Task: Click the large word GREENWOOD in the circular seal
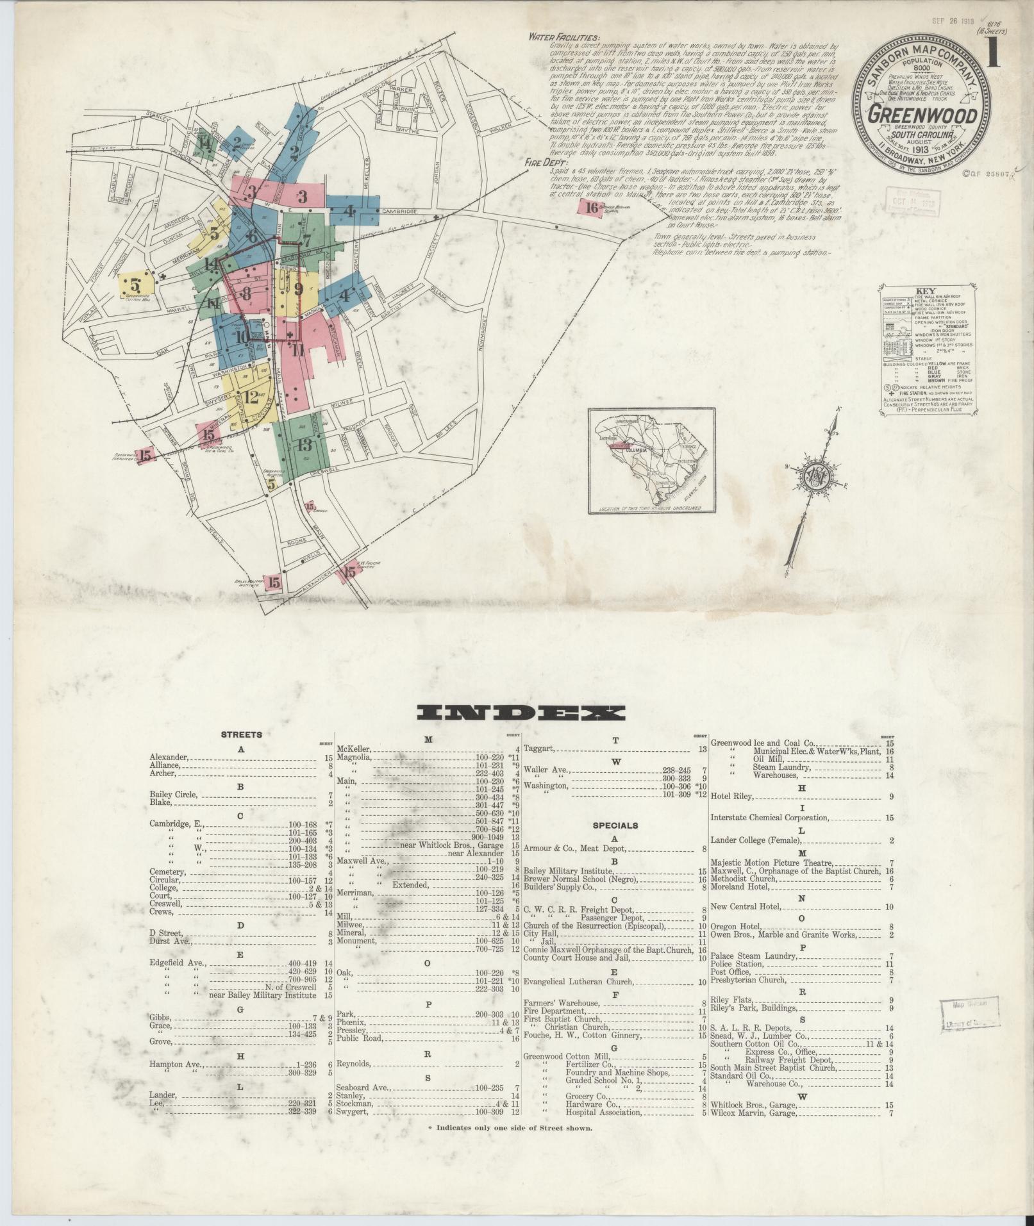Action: point(922,116)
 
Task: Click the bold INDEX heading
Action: point(521,713)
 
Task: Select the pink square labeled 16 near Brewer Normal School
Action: point(590,206)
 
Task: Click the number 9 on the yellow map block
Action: point(298,289)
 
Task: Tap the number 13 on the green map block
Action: point(304,444)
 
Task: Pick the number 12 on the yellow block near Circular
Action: point(251,396)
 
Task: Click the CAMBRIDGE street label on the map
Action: point(399,211)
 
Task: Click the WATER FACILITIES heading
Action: point(563,37)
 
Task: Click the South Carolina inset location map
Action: point(653,461)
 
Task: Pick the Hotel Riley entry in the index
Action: point(732,797)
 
